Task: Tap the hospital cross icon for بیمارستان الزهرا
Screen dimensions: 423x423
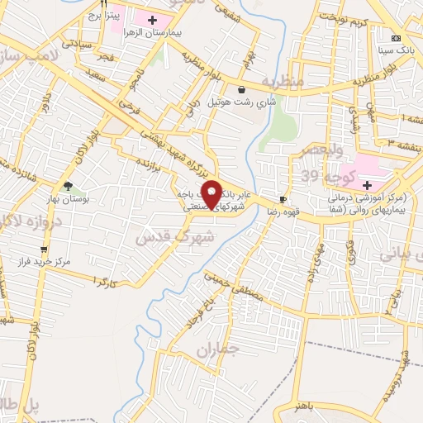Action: tap(153, 19)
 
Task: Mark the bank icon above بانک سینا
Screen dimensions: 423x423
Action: tap(396, 39)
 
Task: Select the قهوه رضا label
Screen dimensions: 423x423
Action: tap(283, 212)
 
